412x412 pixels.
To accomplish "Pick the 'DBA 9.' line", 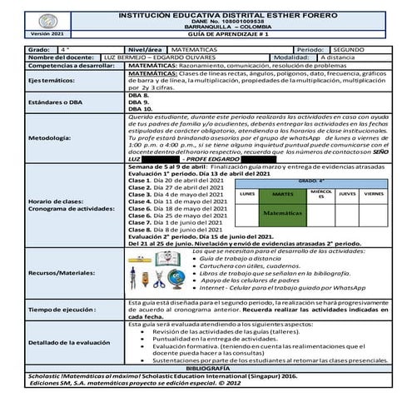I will coord(139,102).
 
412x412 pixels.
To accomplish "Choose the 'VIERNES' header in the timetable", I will coord(374,193).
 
